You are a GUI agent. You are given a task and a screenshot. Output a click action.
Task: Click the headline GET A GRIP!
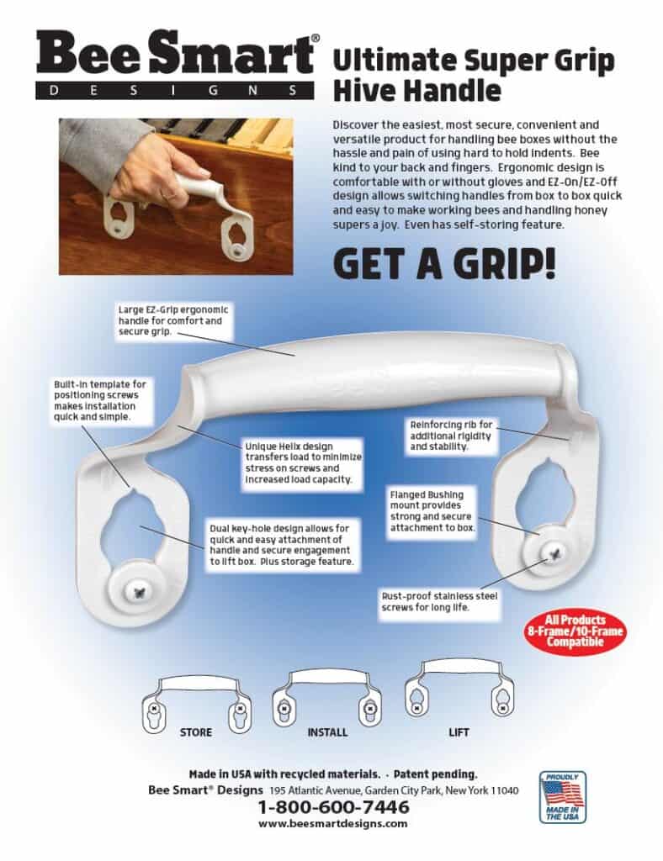(444, 264)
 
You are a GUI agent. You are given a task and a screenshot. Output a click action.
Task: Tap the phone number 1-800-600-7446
(333, 807)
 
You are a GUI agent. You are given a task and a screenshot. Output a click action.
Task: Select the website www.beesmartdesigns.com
(333, 824)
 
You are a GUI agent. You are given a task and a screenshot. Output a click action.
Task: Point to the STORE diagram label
(195, 732)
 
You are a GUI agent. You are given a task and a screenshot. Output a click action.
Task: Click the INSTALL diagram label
(327, 732)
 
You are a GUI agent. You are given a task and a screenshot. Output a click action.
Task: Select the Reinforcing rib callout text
(451, 436)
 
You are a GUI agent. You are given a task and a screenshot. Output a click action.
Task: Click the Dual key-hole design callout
(282, 543)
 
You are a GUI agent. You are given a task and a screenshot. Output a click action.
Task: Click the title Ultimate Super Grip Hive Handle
(474, 74)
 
